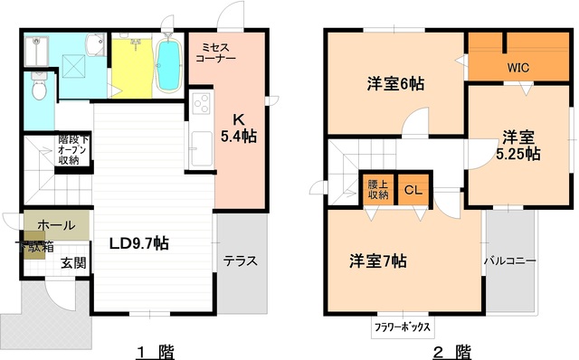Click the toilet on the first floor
(37, 90)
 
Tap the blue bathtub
(169, 65)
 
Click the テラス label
(241, 261)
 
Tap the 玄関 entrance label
(73, 264)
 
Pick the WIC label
(518, 66)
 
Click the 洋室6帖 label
(396, 83)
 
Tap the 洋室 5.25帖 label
(518, 146)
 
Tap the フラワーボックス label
(403, 327)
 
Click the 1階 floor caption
(156, 350)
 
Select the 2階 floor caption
(451, 350)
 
